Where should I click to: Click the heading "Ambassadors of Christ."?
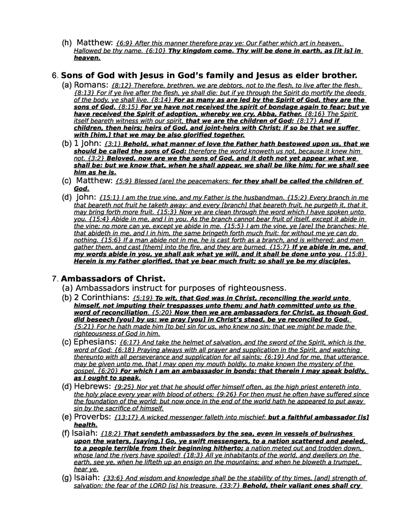click(113, 278)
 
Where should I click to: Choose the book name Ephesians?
click(94, 342)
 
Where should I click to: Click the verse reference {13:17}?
click(124, 417)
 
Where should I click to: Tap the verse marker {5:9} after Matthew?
click(125, 181)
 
